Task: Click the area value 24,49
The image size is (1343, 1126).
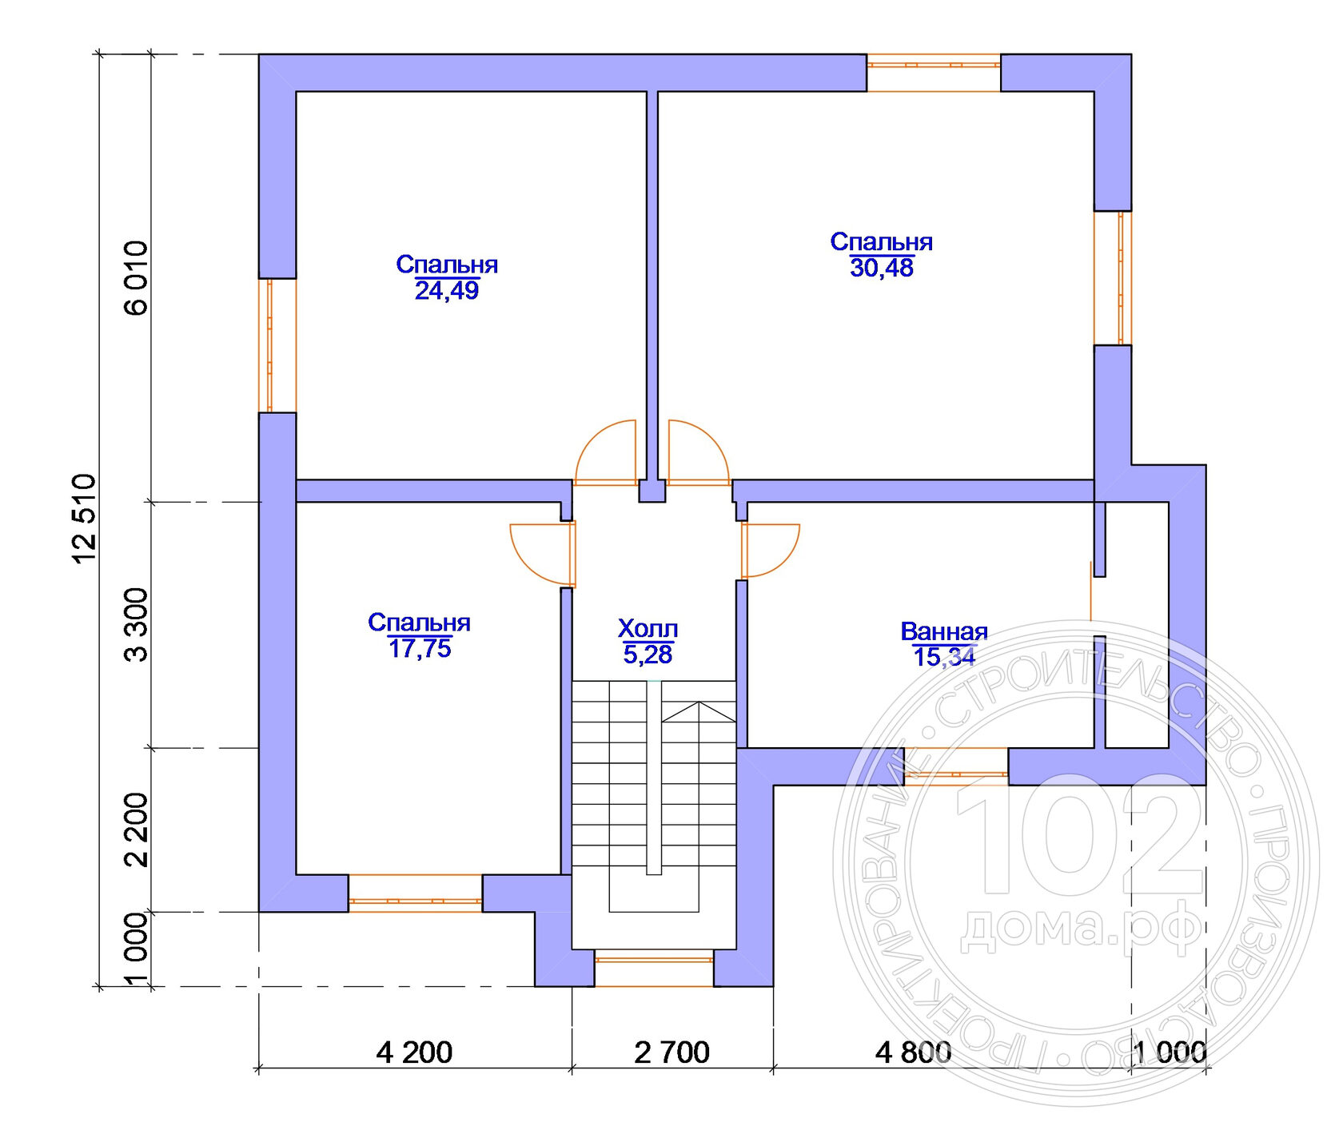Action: (446, 290)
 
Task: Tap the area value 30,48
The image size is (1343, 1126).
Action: (881, 268)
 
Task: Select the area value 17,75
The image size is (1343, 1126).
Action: (420, 648)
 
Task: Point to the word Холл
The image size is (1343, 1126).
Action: (648, 629)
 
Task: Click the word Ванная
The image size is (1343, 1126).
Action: (944, 631)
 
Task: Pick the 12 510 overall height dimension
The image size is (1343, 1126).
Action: (85, 519)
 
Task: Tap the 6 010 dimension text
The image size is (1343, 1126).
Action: (137, 278)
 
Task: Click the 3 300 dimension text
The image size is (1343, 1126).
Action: (137, 625)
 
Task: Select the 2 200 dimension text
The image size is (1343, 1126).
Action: (137, 830)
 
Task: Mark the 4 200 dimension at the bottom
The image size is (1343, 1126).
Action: (414, 1052)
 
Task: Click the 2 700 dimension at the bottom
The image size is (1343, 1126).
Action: (671, 1052)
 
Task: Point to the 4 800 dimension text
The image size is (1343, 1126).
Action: (913, 1052)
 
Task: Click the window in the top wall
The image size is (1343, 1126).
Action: (934, 73)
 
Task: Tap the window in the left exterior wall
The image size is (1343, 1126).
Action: (277, 345)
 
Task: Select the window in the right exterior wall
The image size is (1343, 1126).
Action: (1113, 278)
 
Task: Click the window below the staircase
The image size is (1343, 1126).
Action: (654, 968)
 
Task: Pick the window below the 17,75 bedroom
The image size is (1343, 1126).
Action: (416, 893)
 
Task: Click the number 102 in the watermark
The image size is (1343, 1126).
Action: (1080, 835)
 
